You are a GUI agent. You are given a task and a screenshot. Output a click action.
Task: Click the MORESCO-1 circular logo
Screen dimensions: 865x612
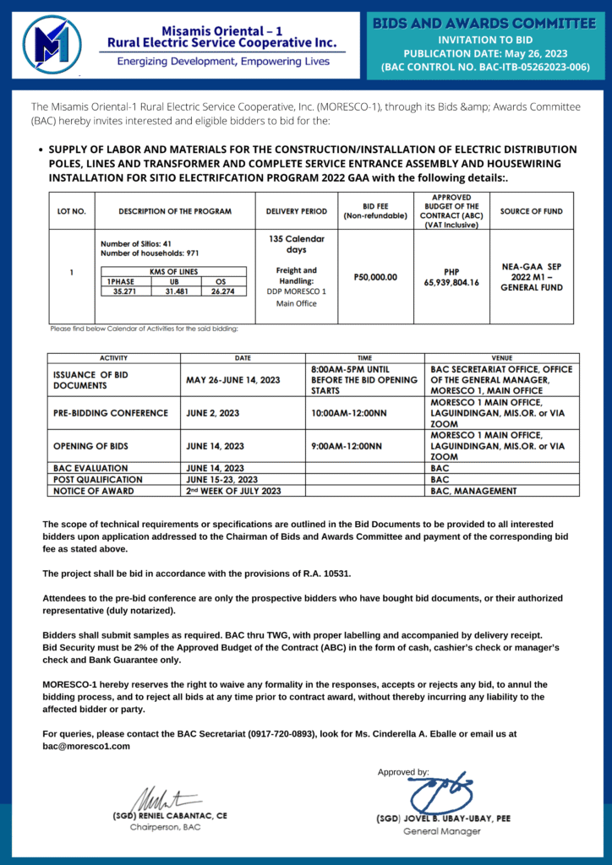52,44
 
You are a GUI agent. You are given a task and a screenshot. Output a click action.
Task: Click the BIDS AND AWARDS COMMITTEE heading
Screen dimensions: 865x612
484,23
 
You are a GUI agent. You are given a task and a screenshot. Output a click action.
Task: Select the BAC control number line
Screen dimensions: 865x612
484,68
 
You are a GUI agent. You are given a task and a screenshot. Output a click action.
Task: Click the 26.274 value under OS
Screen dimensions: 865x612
221,291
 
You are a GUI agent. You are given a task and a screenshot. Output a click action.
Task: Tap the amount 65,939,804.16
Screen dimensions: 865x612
451,282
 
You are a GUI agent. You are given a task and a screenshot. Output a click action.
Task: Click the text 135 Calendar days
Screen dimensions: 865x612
296,244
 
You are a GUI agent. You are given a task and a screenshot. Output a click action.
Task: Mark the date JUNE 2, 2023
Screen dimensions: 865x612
213,413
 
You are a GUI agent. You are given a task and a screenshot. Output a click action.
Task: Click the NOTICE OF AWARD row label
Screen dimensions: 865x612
93,491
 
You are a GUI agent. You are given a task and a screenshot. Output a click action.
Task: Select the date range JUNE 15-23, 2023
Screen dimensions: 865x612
222,479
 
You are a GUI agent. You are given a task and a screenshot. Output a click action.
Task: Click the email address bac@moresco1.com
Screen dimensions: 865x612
86,746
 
